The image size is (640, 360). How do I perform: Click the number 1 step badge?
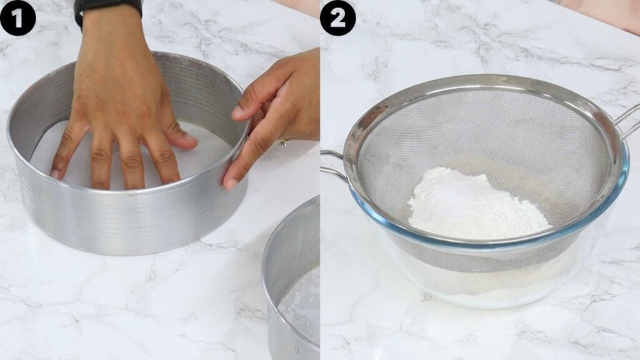click(x=17, y=18)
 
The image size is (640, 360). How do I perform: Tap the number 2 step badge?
click(x=337, y=18)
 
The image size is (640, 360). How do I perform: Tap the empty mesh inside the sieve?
click(x=482, y=131)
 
